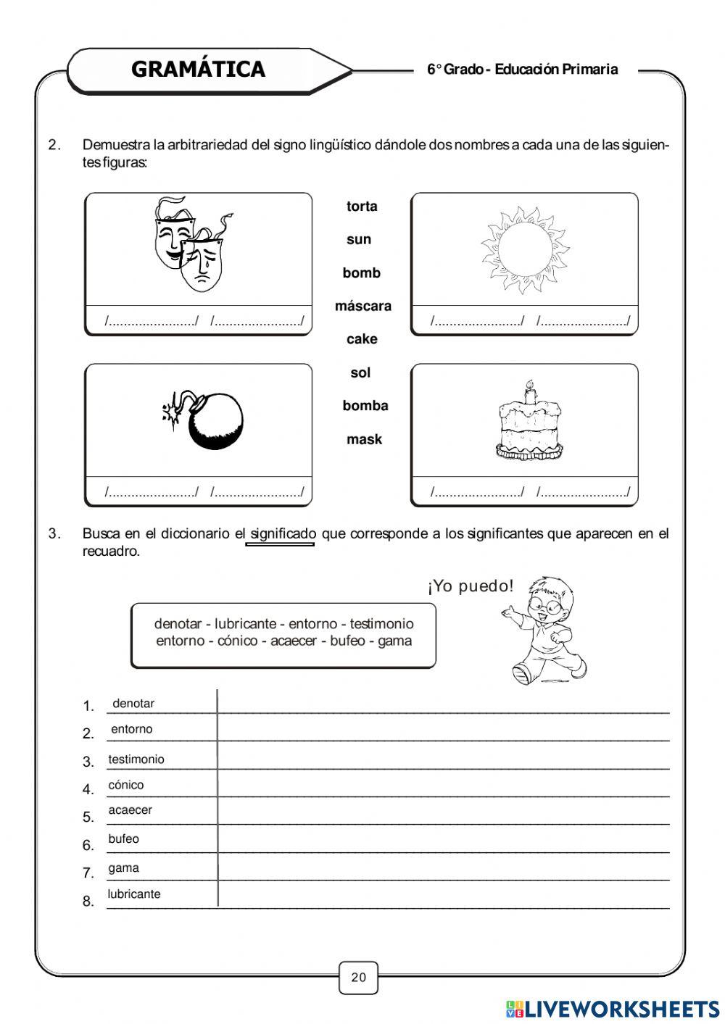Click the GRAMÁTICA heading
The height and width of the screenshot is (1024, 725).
coord(198,70)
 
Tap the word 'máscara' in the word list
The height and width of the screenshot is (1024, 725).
coord(362,307)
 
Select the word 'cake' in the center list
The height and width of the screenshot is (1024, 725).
coord(362,339)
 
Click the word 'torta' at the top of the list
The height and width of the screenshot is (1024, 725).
coord(362,207)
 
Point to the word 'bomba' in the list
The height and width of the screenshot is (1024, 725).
coord(365,406)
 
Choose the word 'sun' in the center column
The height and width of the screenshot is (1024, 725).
coord(359,240)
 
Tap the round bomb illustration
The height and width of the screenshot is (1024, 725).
coord(214,422)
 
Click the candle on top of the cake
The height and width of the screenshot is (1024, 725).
coord(529,392)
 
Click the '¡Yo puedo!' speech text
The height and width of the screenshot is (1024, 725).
coord(471,586)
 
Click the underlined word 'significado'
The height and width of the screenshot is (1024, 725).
coord(283,534)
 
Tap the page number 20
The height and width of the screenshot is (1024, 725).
coord(359,977)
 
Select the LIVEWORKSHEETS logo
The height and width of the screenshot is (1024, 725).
coord(613,1008)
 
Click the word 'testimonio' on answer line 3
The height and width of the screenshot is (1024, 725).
coord(136,759)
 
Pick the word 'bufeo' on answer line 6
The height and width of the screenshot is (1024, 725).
coord(123,838)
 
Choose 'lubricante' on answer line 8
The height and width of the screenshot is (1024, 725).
coord(134,894)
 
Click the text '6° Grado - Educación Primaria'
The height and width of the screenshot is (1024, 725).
coord(522,70)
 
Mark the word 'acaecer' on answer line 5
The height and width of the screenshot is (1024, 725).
coord(130,810)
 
